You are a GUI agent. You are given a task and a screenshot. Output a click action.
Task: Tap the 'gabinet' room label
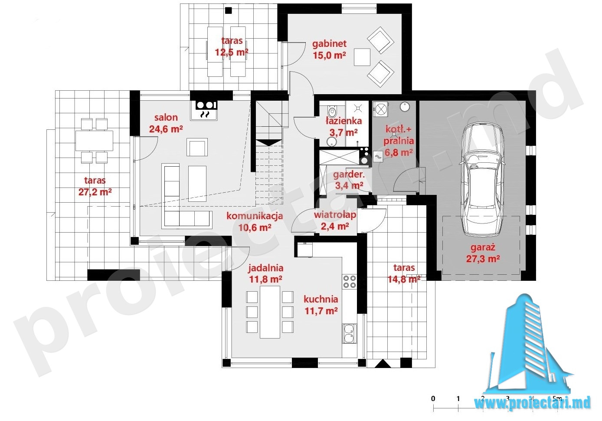pos(329,43)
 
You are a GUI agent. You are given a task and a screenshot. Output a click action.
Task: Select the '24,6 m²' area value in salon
pos(166,129)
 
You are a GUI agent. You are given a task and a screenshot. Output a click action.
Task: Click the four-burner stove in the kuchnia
pos(350,281)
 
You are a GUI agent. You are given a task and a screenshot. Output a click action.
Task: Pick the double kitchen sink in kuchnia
pos(350,334)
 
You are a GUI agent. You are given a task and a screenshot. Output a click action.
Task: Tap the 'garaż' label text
pos(483,247)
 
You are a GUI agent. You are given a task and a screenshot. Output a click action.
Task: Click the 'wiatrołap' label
pos(335,215)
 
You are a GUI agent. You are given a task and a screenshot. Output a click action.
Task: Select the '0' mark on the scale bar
pos(433,398)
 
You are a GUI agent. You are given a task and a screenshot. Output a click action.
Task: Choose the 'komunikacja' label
pos(255,216)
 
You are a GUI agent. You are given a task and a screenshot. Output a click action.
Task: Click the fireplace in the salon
pos(204,110)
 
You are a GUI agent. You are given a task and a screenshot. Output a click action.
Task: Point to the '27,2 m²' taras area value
pos(95,192)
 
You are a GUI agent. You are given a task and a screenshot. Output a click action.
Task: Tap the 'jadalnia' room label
pos(265,268)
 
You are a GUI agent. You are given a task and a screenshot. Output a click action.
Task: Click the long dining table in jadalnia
pos(270,312)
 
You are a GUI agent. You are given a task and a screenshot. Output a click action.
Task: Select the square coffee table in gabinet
pos(362,57)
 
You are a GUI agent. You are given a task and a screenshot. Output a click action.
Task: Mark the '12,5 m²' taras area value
pos(232,52)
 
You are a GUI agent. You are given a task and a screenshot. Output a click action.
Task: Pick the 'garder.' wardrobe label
pos(349,174)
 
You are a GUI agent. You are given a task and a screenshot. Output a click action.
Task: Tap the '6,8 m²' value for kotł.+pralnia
pos(399,152)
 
